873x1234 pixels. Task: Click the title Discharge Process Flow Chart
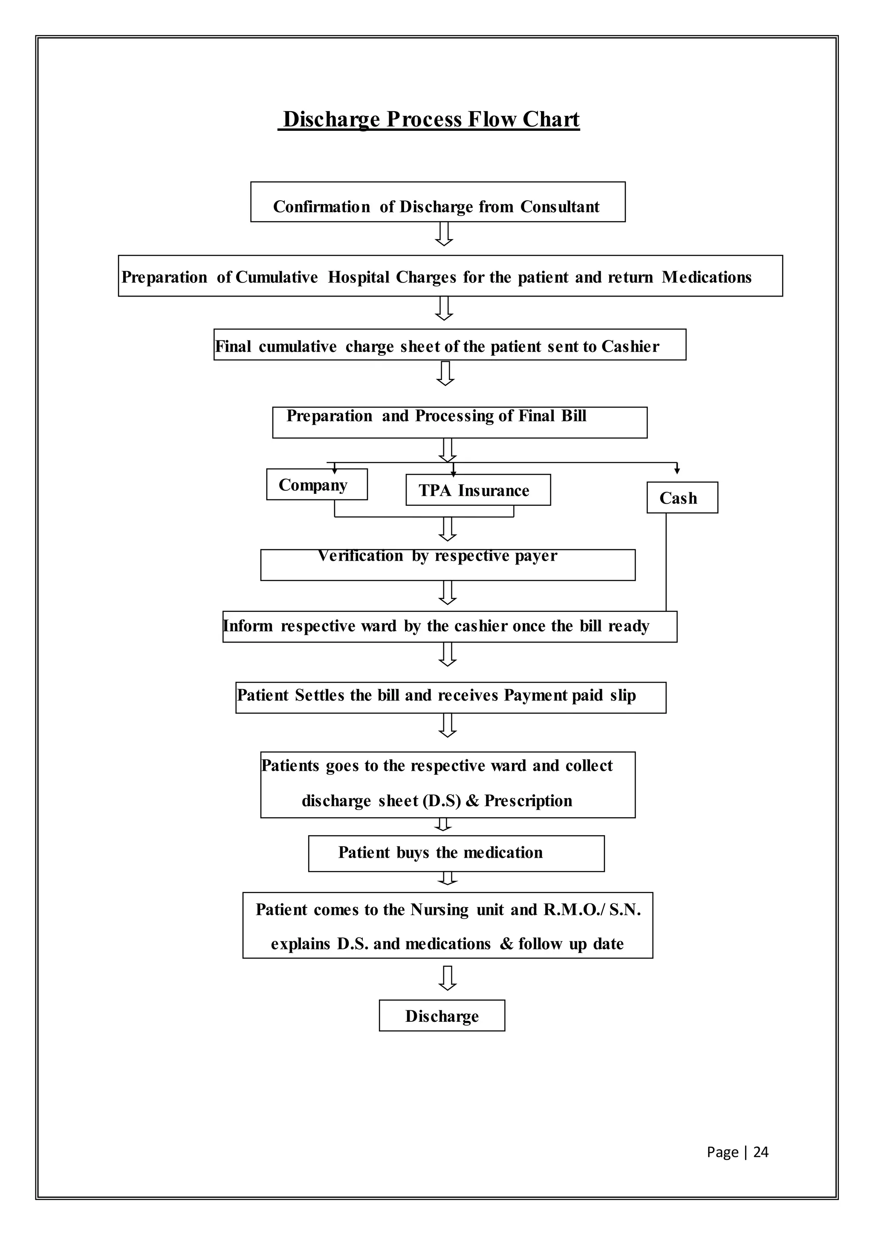pyautogui.click(x=431, y=119)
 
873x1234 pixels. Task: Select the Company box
pyautogui.click(x=317, y=485)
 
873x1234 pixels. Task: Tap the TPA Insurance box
pyautogui.click(x=478, y=490)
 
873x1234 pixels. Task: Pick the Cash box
pyautogui.click(x=682, y=498)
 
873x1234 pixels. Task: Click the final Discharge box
pyautogui.click(x=442, y=1016)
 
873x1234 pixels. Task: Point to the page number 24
pyautogui.click(x=760, y=1152)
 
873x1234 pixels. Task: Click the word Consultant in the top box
pyautogui.click(x=560, y=207)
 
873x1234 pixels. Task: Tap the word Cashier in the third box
pyautogui.click(x=630, y=347)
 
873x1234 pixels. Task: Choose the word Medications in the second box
pyautogui.click(x=706, y=277)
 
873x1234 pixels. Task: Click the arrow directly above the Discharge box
pyautogui.click(x=447, y=978)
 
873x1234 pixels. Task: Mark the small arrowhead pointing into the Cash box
pyautogui.click(x=677, y=470)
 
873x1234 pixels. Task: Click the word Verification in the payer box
pyautogui.click(x=360, y=556)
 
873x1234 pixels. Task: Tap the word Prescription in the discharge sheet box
pyautogui.click(x=528, y=801)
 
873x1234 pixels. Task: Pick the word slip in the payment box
pyautogui.click(x=623, y=695)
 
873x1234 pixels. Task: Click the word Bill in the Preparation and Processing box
pyautogui.click(x=574, y=416)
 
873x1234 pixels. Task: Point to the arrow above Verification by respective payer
pyautogui.click(x=447, y=529)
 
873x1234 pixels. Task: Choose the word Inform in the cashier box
pyautogui.click(x=248, y=626)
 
